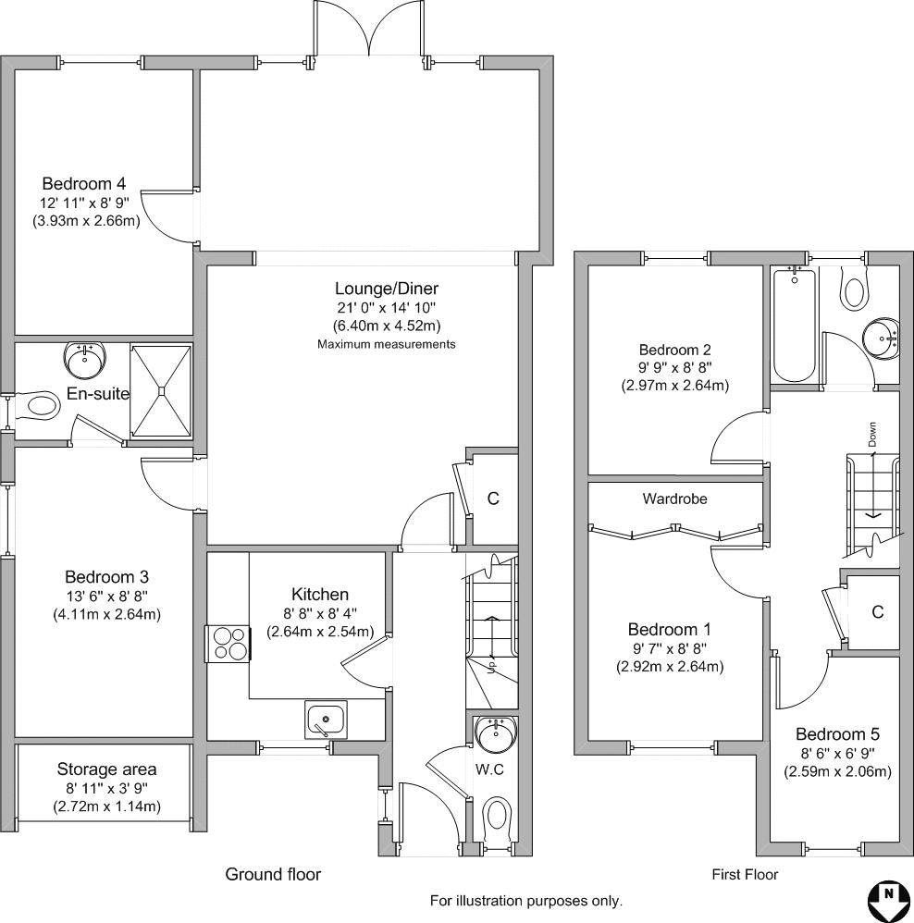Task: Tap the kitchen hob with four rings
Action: pyautogui.click(x=228, y=644)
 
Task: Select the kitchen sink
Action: pyautogui.click(x=326, y=720)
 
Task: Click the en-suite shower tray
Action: pyautogui.click(x=161, y=391)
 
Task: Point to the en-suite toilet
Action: pyautogui.click(x=38, y=406)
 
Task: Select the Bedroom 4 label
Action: pyautogui.click(x=83, y=183)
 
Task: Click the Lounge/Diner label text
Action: pyautogui.click(x=387, y=289)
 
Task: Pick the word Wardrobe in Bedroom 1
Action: pyautogui.click(x=675, y=499)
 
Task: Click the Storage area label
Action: pyautogui.click(x=106, y=769)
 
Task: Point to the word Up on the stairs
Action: pyautogui.click(x=491, y=666)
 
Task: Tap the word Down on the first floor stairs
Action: pyautogui.click(x=872, y=435)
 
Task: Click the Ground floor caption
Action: pyautogui.click(x=273, y=874)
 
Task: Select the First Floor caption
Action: pyautogui.click(x=745, y=875)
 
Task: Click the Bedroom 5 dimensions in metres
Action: pyautogui.click(x=837, y=771)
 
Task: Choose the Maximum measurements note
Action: pyautogui.click(x=387, y=344)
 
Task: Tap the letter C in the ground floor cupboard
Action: pyautogui.click(x=493, y=498)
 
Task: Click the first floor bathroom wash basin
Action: pyautogui.click(x=881, y=338)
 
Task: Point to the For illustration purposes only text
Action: pyautogui.click(x=525, y=901)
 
